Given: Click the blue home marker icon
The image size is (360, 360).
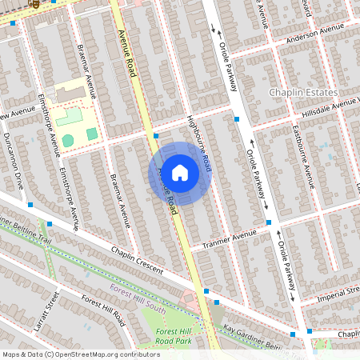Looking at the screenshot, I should coord(180,173).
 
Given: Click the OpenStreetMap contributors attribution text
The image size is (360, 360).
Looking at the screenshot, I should coord(80,354).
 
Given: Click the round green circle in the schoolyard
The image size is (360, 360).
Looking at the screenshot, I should coord(68,140).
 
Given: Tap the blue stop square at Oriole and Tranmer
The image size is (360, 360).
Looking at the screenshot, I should coord(269,222).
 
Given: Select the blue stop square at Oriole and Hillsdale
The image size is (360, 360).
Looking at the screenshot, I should coord(237,119).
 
